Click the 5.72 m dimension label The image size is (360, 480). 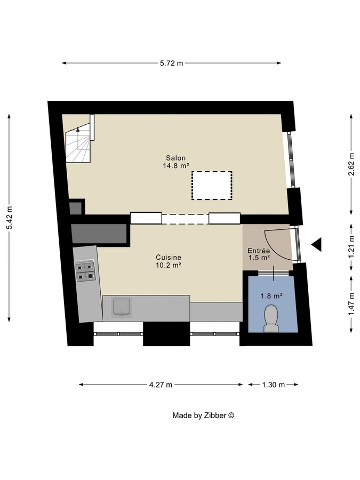171,63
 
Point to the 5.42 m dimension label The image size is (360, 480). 9,218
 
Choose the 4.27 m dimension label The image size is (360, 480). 161,385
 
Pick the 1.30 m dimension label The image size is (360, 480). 274,385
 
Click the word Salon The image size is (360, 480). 175,158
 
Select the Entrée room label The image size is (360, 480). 259,251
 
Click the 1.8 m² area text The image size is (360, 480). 271,295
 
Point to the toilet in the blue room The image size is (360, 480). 271,318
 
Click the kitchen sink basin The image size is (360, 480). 122,307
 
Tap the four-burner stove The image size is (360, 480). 85,270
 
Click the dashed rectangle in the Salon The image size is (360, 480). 212,185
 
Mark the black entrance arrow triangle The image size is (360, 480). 317,245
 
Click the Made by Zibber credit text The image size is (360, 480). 203,415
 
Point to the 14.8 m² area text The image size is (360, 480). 176,166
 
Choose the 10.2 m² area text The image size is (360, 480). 168,265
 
